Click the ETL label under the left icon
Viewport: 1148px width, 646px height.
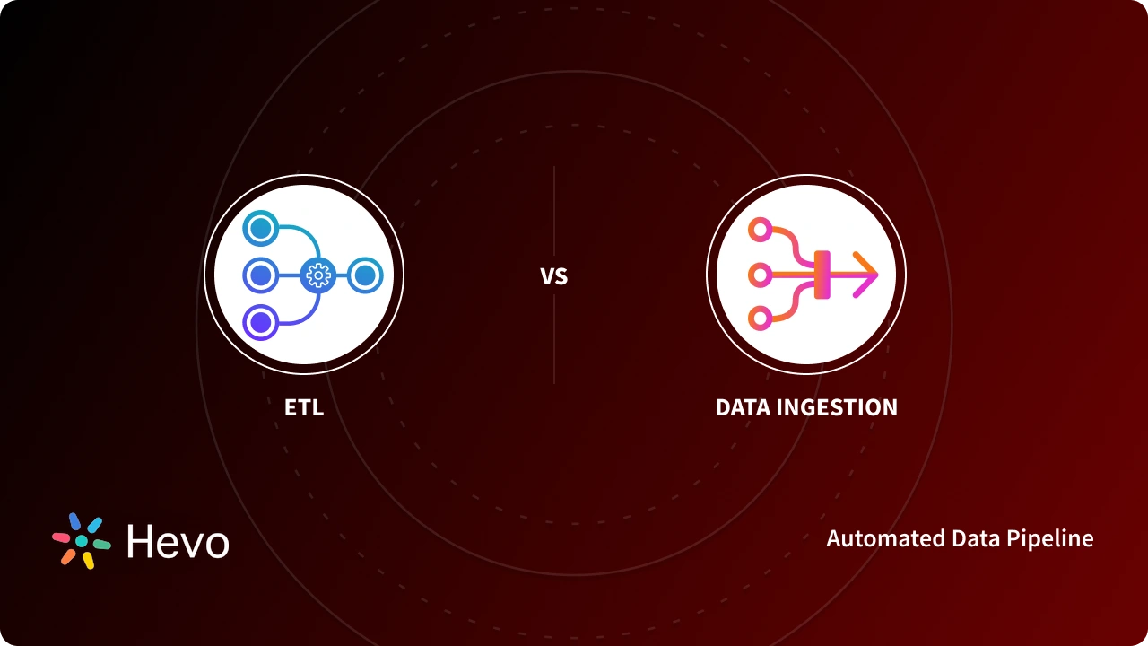pyautogui.click(x=303, y=407)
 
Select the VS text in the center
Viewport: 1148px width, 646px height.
pyautogui.click(x=554, y=276)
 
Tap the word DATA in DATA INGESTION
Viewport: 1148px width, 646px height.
pyautogui.click(x=742, y=407)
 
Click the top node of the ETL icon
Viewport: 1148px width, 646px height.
pyautogui.click(x=260, y=228)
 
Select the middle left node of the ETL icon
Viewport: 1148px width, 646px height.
pyautogui.click(x=260, y=275)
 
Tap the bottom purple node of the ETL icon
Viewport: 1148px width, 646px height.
pyautogui.click(x=260, y=322)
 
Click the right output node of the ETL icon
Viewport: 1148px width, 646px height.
pyautogui.click(x=364, y=275)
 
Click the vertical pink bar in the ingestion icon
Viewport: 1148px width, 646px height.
pyautogui.click(x=821, y=275)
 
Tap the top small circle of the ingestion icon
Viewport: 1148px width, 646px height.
pyautogui.click(x=760, y=230)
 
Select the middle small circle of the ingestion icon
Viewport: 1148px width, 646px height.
pyautogui.click(x=760, y=275)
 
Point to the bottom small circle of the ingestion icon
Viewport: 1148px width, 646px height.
pyautogui.click(x=760, y=318)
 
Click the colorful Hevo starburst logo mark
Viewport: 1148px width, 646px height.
pyautogui.click(x=81, y=541)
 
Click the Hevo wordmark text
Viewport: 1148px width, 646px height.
pyautogui.click(x=178, y=542)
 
